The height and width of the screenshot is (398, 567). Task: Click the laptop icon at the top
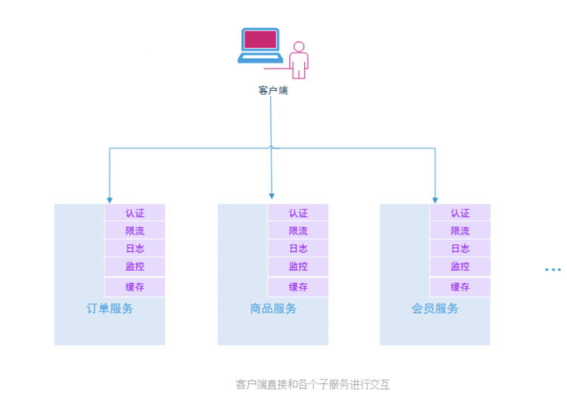(x=260, y=45)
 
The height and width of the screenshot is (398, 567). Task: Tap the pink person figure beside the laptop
(x=298, y=60)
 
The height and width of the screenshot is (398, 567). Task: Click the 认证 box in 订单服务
(x=135, y=213)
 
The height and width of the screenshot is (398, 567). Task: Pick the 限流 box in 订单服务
(x=135, y=231)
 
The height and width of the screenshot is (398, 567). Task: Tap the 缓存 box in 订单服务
(x=135, y=287)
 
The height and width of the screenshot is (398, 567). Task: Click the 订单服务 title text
(x=109, y=309)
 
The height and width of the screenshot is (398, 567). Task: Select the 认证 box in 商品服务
(x=298, y=213)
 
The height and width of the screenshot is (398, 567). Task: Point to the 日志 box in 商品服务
(x=298, y=248)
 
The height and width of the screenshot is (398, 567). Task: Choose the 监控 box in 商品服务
(x=298, y=266)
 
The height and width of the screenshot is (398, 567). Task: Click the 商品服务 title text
(x=273, y=309)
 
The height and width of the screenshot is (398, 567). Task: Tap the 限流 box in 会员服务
(x=460, y=231)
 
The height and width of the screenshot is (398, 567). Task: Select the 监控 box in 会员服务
(x=460, y=266)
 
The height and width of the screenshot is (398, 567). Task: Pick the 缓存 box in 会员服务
(x=460, y=287)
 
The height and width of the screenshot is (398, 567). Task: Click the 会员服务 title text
(x=435, y=309)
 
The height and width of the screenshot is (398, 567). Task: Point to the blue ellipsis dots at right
(x=552, y=270)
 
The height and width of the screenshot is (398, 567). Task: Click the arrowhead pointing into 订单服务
(x=109, y=199)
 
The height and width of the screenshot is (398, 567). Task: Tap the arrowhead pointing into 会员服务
(x=435, y=199)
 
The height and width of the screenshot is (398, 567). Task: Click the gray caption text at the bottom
(x=312, y=384)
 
